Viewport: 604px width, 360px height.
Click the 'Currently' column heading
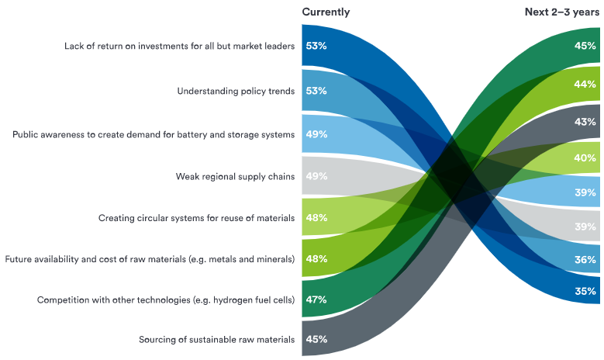(x=326, y=12)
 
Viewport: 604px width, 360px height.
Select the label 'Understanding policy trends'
(x=236, y=91)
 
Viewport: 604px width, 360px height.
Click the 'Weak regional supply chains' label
(x=235, y=177)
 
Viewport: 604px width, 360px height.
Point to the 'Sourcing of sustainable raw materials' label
(x=216, y=339)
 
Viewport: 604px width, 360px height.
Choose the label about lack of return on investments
(x=179, y=46)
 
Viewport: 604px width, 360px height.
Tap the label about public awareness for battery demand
(x=154, y=134)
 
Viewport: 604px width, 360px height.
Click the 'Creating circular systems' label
(x=196, y=218)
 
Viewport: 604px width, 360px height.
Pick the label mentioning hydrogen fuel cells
(x=166, y=299)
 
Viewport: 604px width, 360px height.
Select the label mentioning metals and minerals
(x=150, y=258)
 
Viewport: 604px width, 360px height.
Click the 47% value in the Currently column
(x=316, y=299)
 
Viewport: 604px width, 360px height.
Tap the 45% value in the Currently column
(x=316, y=339)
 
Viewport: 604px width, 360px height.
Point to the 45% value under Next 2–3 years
(x=585, y=46)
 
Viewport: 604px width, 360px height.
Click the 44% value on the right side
(x=585, y=84)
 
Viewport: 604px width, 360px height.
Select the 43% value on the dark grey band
(x=585, y=122)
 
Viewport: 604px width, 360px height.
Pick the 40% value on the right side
(x=585, y=158)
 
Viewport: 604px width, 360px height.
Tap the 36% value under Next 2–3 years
(x=585, y=260)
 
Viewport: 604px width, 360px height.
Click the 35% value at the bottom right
(x=585, y=292)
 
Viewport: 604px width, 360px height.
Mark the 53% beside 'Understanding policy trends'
(x=316, y=91)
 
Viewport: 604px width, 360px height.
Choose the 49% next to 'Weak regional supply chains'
(x=316, y=177)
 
